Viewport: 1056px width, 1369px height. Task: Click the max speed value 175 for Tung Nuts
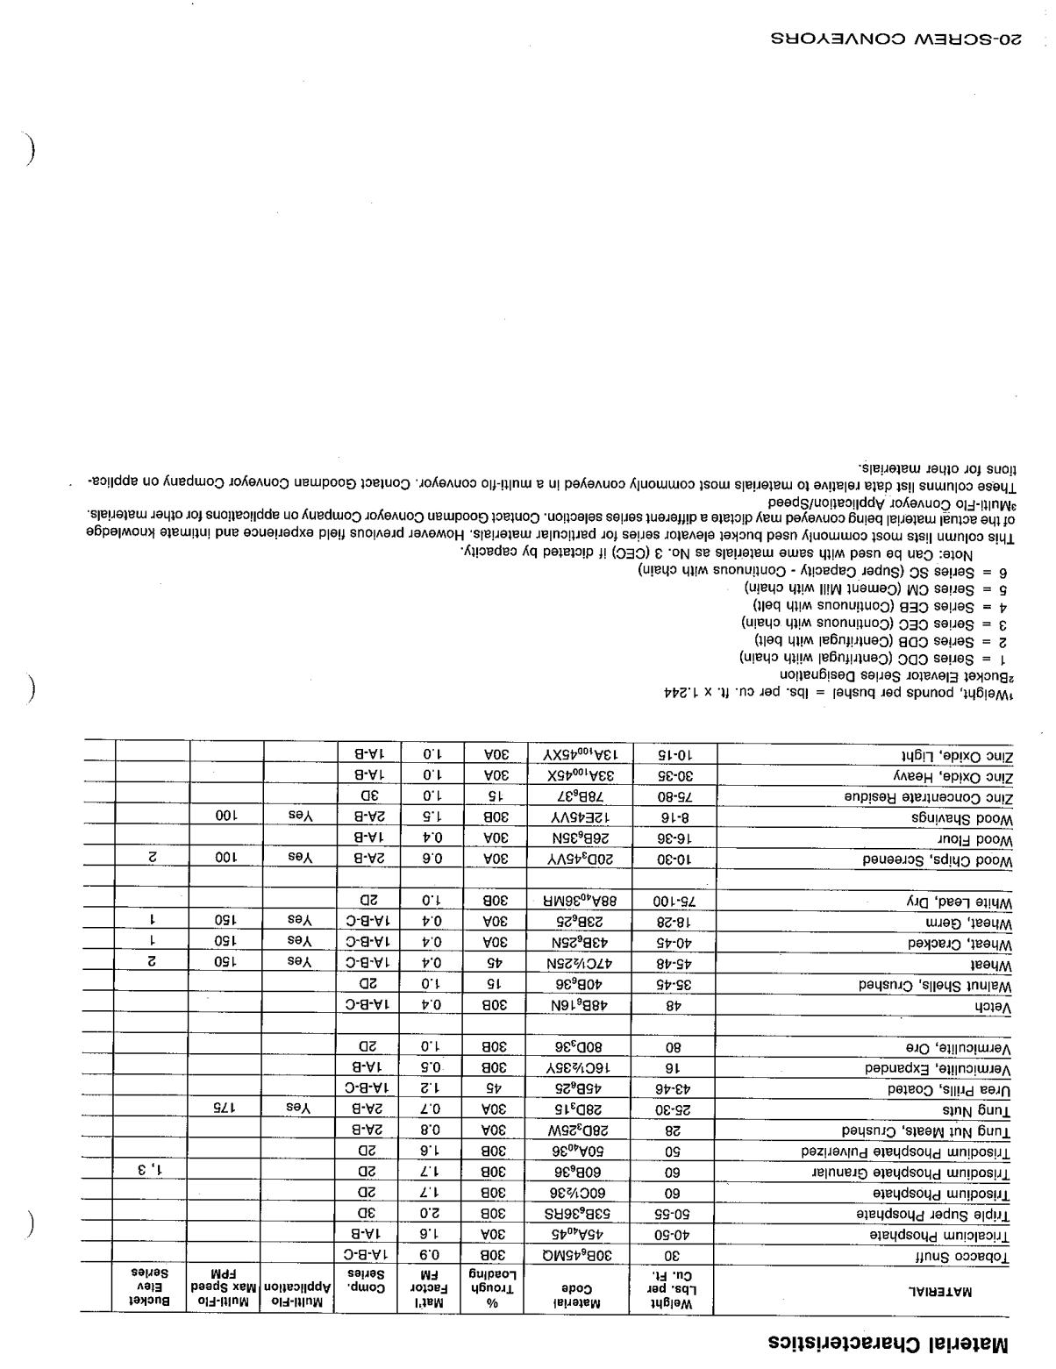(x=226, y=1108)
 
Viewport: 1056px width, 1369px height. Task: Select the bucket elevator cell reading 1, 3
(x=151, y=1171)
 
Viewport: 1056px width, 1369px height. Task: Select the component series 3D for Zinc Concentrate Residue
(x=368, y=796)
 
